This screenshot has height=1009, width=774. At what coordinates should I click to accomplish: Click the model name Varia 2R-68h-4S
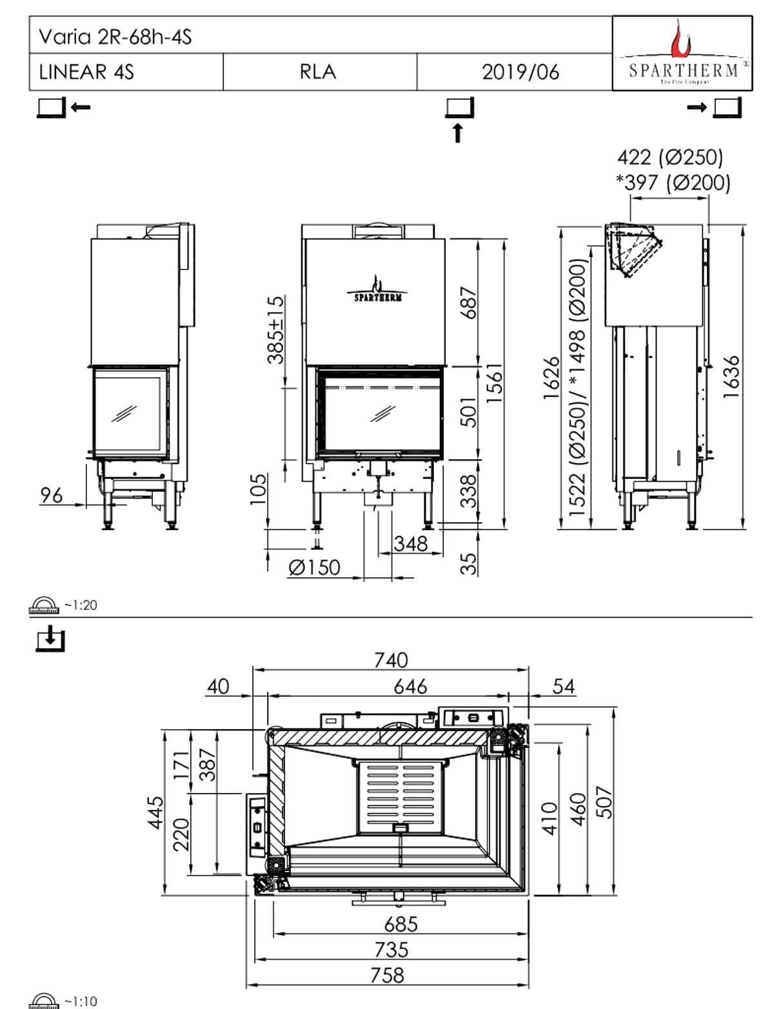coord(115,37)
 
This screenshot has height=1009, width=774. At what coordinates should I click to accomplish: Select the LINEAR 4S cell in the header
coord(86,72)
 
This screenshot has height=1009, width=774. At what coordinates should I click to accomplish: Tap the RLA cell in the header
coord(318,72)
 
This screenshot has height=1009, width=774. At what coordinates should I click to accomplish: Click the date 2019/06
coord(520,72)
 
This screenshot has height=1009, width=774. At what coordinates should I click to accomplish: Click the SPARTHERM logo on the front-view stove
coord(378,290)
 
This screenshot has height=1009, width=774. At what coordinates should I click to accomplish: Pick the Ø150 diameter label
coord(314,567)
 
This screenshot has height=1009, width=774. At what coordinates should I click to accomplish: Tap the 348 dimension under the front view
coord(411,544)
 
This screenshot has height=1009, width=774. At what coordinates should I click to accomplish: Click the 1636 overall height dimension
coord(730,377)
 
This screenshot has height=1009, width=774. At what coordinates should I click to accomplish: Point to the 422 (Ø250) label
coord(670,157)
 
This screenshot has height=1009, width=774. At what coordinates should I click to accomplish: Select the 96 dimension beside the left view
coord(52,495)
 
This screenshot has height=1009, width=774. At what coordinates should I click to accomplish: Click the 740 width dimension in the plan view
coord(391,660)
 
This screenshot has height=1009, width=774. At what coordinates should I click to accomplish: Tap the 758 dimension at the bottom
coord(388,974)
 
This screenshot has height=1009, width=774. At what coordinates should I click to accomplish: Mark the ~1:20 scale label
coord(81,605)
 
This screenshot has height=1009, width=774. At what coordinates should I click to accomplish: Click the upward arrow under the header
coord(458,133)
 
